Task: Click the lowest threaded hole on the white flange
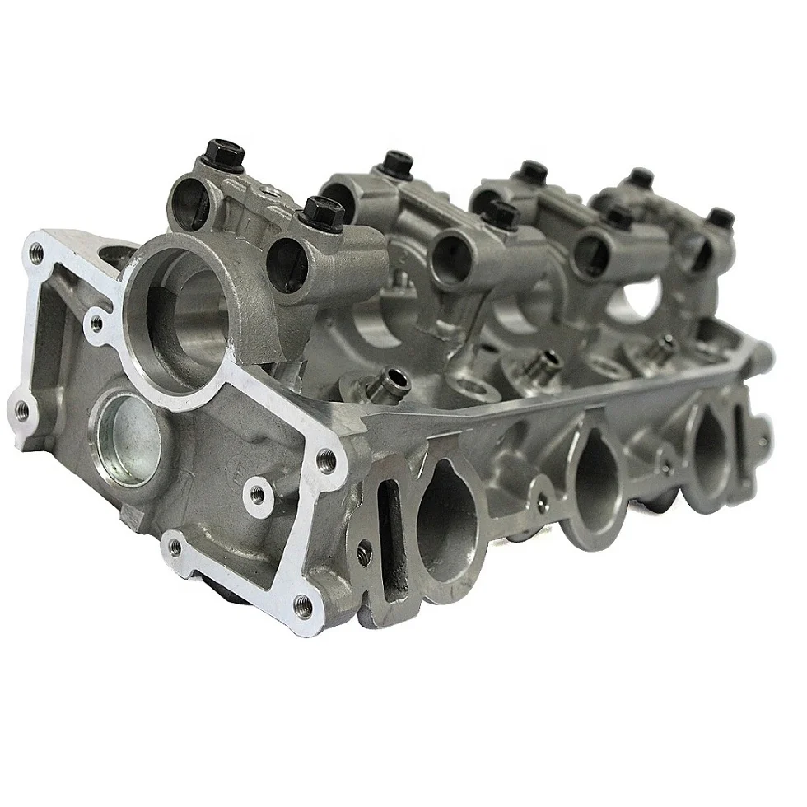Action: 304,606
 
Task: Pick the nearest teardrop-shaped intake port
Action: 445,519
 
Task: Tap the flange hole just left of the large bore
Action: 96,324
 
